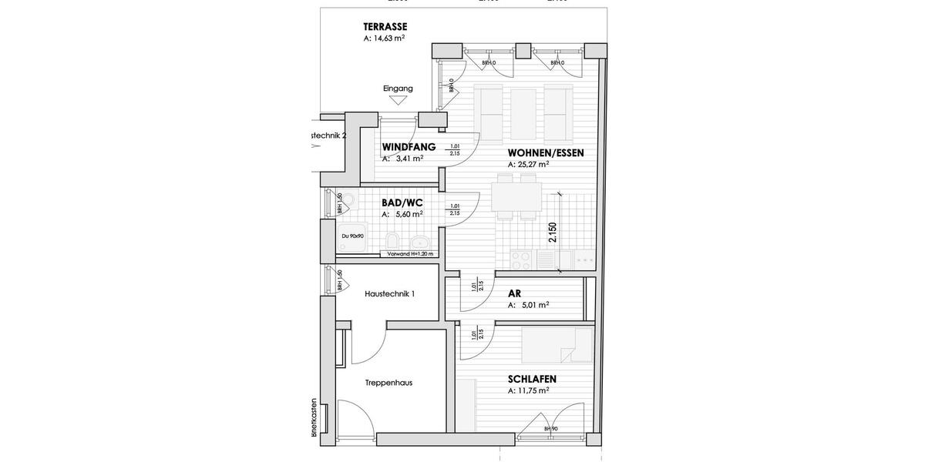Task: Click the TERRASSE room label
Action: coord(385,27)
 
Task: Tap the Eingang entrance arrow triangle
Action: coord(399,99)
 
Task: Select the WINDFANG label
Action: coord(409,147)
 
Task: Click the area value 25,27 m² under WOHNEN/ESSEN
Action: coord(528,164)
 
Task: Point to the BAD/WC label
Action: coord(402,203)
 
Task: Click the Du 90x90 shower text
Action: coord(352,236)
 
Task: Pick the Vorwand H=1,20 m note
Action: coord(410,253)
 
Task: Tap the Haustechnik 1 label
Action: coord(389,293)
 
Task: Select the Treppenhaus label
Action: coord(388,382)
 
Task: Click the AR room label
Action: coord(514,293)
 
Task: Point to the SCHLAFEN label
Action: coord(532,379)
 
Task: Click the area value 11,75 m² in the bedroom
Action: coord(528,390)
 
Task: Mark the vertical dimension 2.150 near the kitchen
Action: coord(551,233)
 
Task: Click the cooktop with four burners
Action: coord(520,260)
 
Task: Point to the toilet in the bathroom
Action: coord(419,241)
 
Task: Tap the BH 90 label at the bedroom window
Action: coord(550,429)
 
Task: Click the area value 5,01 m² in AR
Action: coord(528,305)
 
